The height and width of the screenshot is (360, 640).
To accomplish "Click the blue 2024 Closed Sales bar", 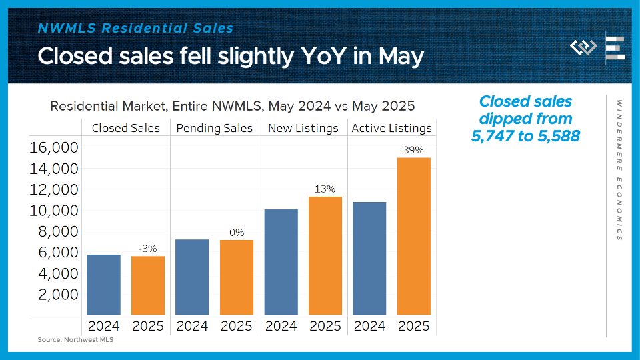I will pos(104,285).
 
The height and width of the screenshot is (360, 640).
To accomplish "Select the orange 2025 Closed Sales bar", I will pos(148,285).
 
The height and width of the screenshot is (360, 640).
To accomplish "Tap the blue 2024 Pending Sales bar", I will pos(192,277).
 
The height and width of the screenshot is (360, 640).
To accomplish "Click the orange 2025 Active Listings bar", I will pos(413,236).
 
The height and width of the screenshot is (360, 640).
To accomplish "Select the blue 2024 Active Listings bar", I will pos(369,258).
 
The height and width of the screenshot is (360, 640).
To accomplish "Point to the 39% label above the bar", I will pos(413,150).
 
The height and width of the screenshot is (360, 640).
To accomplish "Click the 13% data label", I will pos(325,189).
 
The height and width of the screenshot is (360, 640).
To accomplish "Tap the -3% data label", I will pos(148,249).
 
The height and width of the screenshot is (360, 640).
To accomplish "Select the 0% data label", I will pos(236,233).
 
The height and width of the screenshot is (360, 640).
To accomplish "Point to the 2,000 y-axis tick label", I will pos(59,294).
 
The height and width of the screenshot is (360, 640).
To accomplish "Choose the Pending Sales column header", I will pos(215,128).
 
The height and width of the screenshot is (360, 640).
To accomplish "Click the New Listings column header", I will pos(303,128).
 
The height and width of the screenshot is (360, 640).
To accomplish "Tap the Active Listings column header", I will pos(391,128).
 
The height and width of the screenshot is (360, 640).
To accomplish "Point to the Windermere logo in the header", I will pos(584,47).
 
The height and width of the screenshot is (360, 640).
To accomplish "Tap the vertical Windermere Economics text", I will pos(619,170).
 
